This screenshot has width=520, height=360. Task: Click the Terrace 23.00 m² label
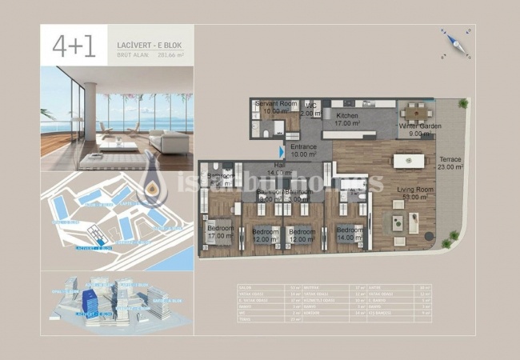pyautogui.click(x=450, y=163)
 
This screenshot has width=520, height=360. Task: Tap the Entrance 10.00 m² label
pyautogui.click(x=303, y=150)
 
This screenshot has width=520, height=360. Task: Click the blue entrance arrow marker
pyautogui.click(x=281, y=150)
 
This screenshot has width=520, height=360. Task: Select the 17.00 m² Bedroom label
pyautogui.click(x=220, y=232)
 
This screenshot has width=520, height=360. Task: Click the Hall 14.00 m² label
pyautogui.click(x=278, y=170)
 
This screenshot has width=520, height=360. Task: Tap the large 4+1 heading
pyautogui.click(x=74, y=47)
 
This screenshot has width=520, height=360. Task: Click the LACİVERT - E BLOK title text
pyautogui.click(x=142, y=38)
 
